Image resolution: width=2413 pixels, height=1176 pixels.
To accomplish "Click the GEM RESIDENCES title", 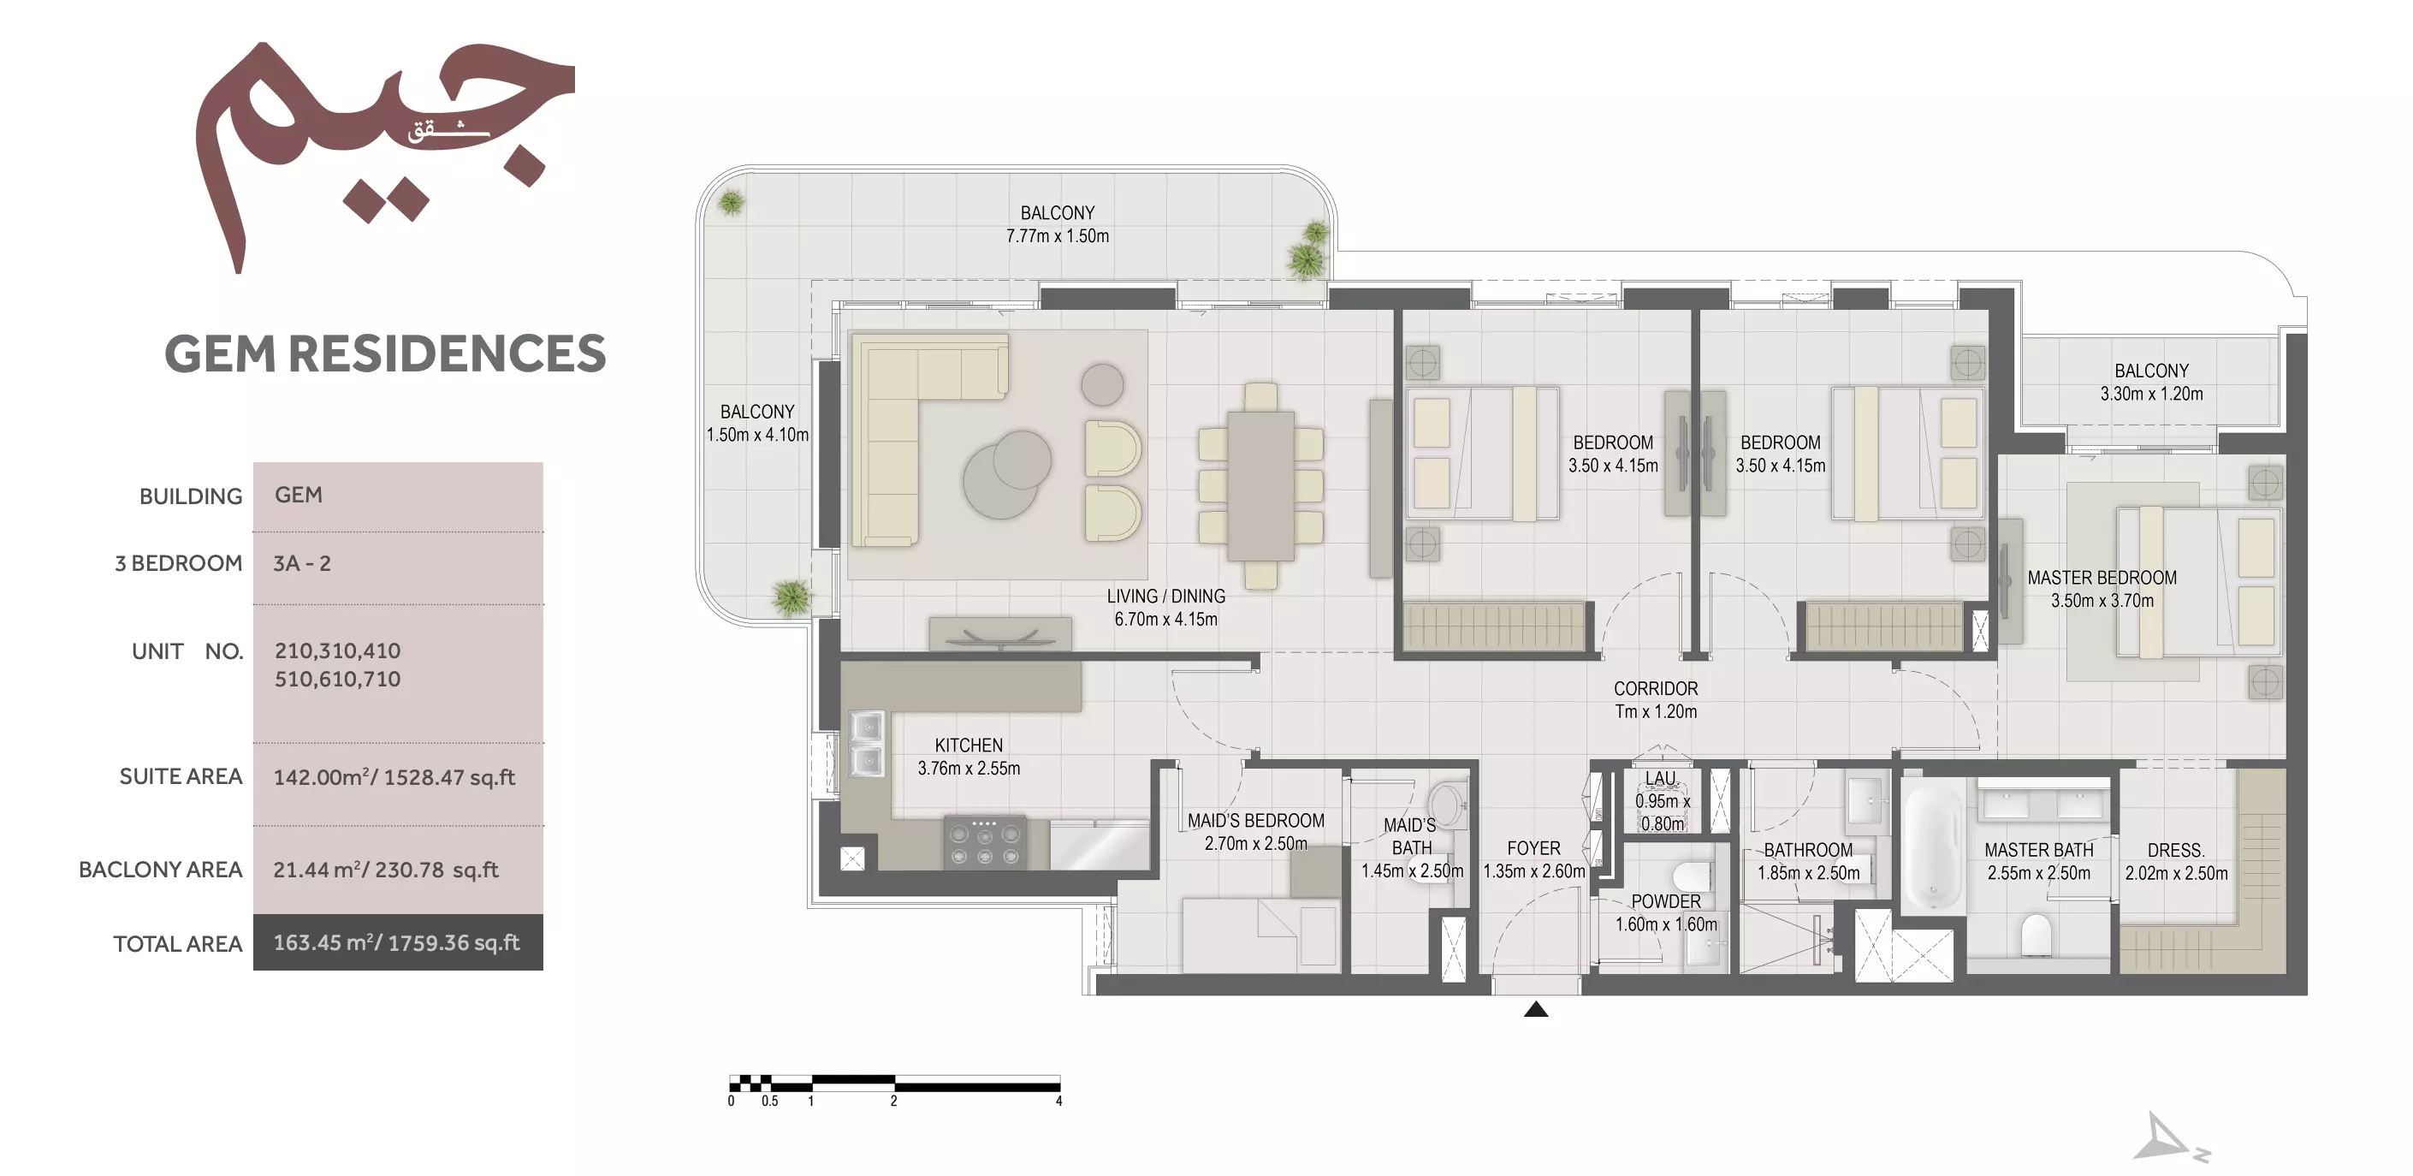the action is coord(385,353).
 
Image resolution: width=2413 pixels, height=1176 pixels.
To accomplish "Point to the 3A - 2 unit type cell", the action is coord(301,563).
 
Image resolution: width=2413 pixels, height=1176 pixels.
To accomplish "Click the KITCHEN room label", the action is coord(969,745).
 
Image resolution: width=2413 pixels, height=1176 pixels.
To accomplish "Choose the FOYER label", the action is coord(1533,848).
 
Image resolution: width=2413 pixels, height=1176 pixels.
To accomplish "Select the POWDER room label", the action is coord(1665,901).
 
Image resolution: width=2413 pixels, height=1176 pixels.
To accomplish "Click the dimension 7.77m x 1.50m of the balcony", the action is coord(1058,236).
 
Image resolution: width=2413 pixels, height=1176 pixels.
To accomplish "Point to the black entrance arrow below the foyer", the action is coord(1536,1009).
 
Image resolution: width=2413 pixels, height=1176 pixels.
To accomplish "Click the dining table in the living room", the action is coord(1260,486).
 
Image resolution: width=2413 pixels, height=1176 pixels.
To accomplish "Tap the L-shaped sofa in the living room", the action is coord(928,441).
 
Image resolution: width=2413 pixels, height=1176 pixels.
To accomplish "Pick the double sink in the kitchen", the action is coord(868,744).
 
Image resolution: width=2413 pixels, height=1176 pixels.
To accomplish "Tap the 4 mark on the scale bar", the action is coord(1058,1101).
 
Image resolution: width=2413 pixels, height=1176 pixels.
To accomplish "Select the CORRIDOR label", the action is coord(1655,689).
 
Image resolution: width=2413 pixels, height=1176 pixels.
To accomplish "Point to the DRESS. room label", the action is coord(2176,851).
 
